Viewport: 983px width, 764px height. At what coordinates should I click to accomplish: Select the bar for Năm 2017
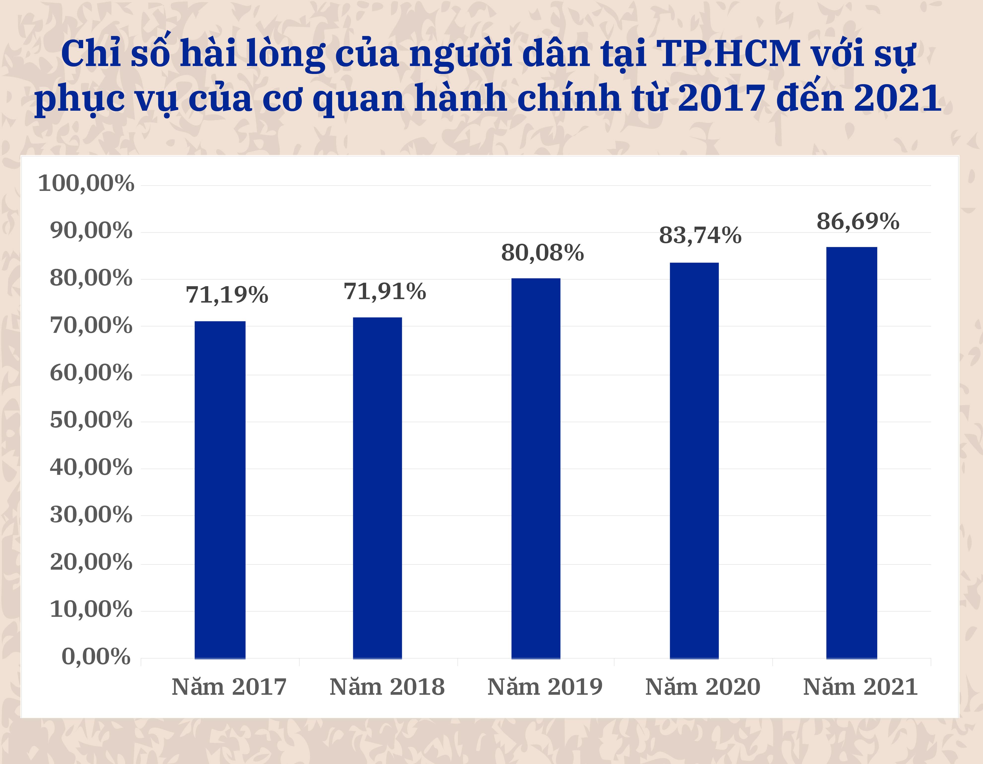pos(220,490)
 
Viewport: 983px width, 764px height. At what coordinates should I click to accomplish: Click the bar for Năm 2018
pos(377,488)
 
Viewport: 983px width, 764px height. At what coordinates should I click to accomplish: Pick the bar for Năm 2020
pos(694,461)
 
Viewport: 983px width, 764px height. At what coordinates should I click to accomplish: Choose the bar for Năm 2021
pos(852,453)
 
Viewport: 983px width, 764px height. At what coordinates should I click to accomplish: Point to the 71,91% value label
pos(385,292)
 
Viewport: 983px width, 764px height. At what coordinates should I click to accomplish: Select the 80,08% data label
pos(542,253)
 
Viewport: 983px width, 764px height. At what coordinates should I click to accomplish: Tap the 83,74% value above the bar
pos(700,235)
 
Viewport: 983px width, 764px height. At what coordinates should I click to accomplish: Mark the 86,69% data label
pos(858,221)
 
